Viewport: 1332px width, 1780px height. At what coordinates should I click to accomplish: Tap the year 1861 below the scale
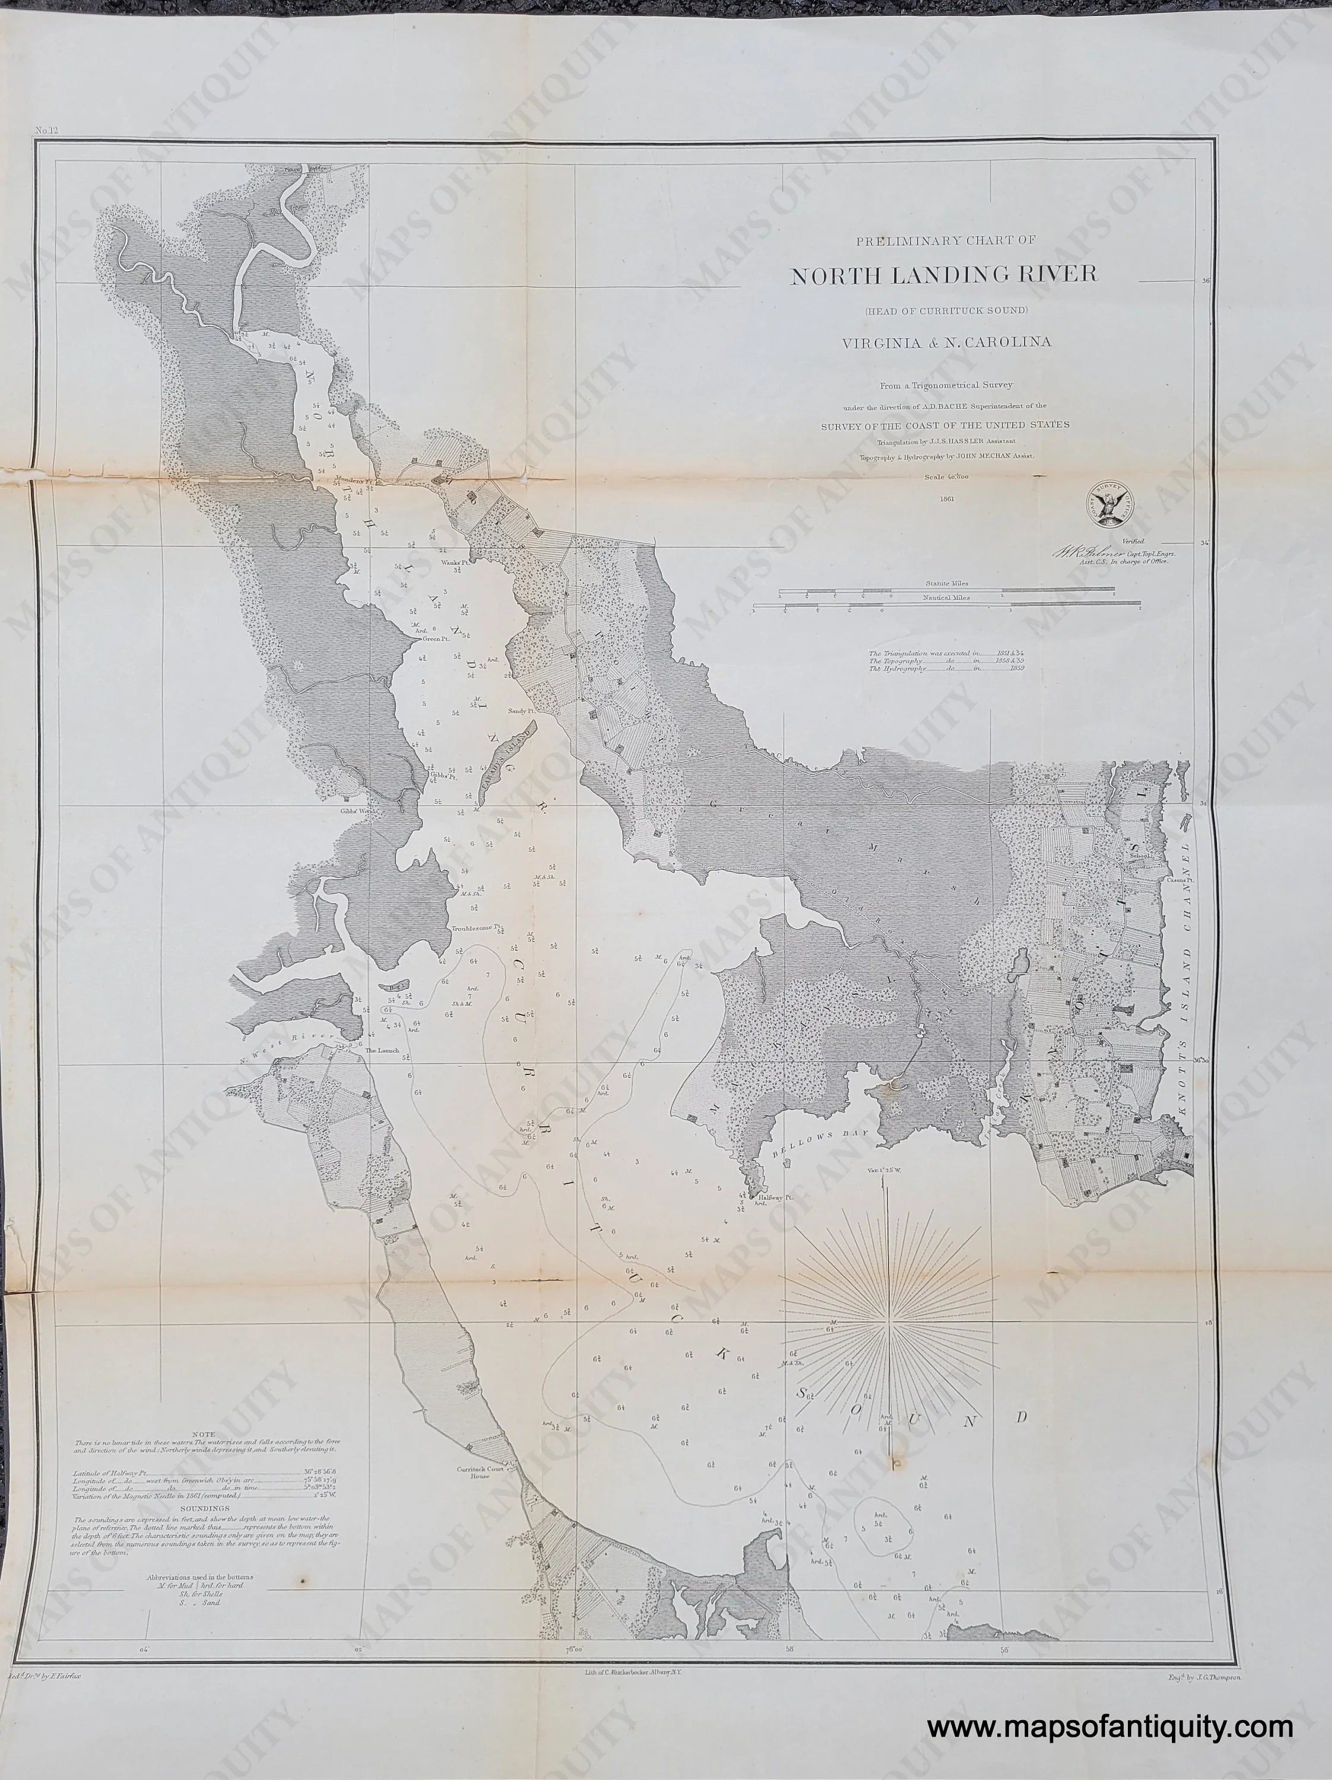coord(945,498)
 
